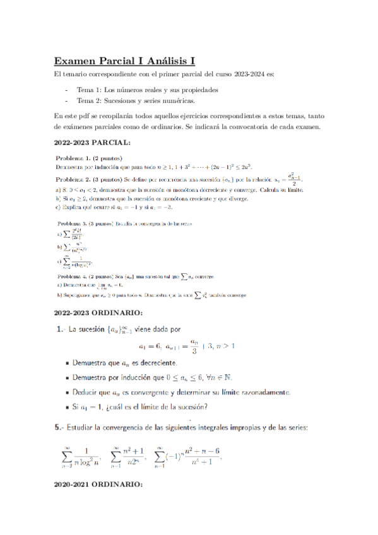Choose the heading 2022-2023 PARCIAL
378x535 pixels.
coord(92,143)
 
